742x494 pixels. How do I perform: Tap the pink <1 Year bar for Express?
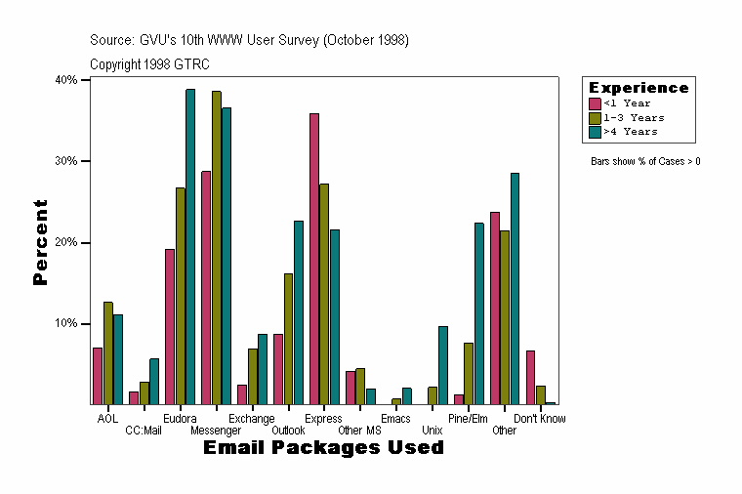click(314, 259)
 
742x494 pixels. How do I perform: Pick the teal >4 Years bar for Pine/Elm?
click(478, 313)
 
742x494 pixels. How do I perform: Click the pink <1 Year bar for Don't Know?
click(530, 377)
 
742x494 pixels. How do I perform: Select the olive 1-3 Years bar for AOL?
click(107, 352)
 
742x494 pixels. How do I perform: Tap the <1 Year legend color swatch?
click(595, 103)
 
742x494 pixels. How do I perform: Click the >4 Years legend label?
click(631, 131)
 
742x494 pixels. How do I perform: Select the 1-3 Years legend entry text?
click(634, 117)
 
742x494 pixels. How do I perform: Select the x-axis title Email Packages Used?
click(323, 448)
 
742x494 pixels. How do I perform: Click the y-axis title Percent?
click(40, 242)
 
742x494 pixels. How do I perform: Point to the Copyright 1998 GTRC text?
click(149, 64)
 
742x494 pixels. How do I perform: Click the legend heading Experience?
click(639, 88)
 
